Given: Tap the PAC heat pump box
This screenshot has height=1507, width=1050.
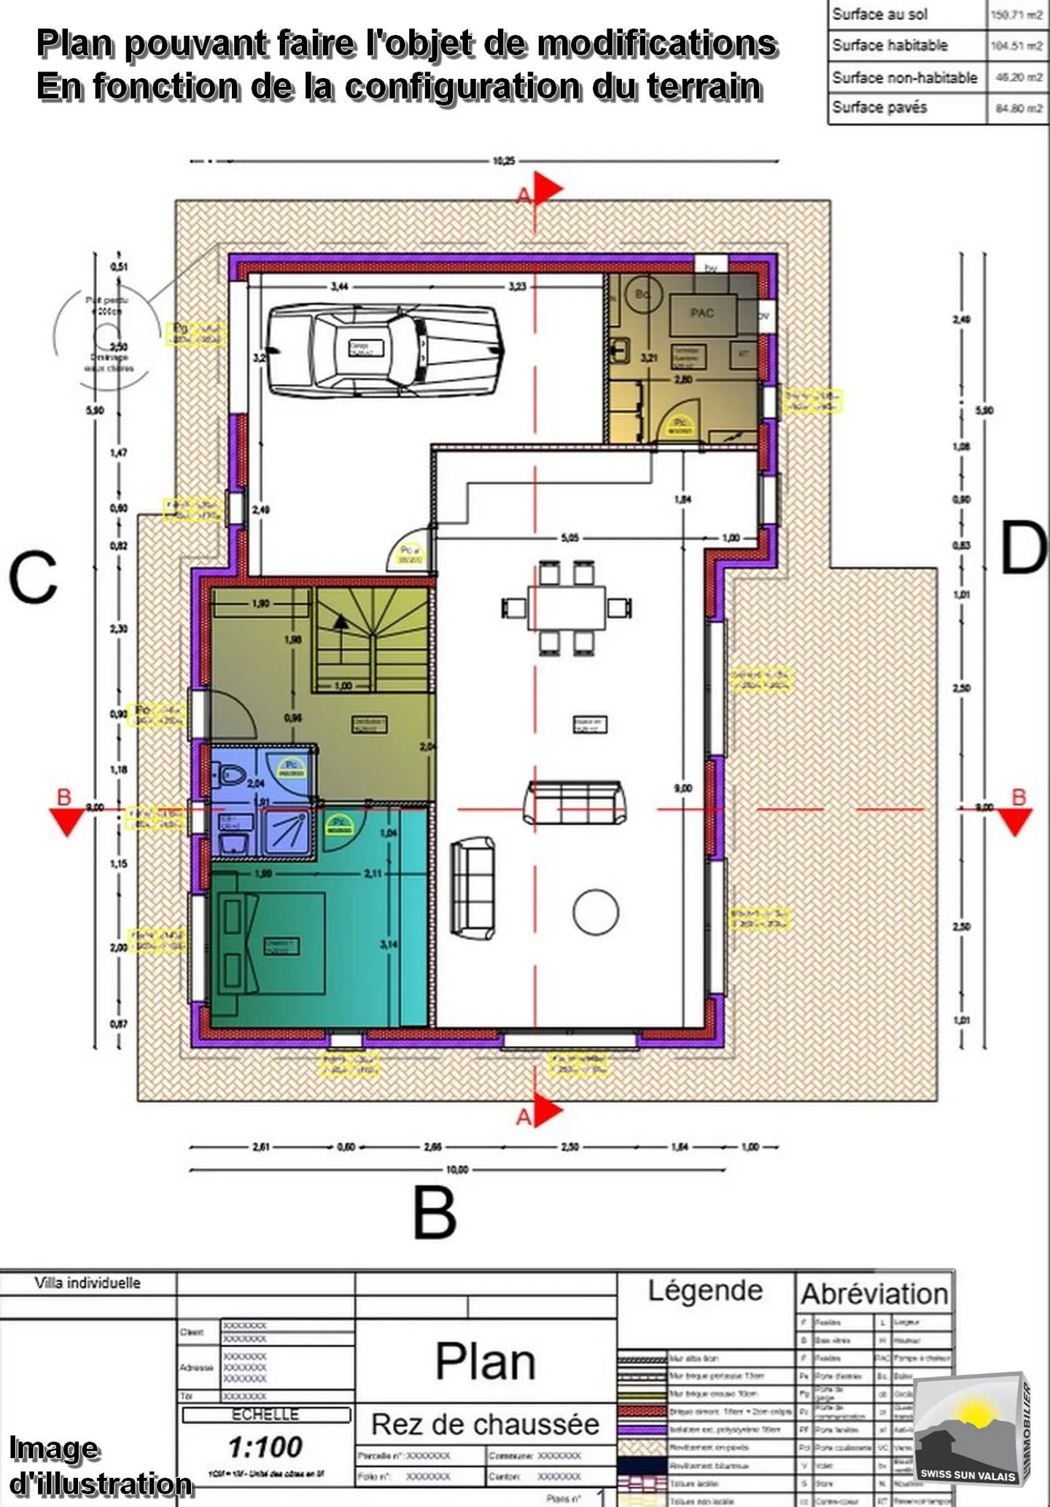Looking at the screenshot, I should pyautogui.click(x=702, y=313).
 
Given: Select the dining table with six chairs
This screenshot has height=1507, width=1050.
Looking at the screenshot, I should pyautogui.click(x=567, y=607).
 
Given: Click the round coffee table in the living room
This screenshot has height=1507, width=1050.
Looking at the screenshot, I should pyautogui.click(x=596, y=912).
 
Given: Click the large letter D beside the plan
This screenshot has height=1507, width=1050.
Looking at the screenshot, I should pyautogui.click(x=1024, y=549).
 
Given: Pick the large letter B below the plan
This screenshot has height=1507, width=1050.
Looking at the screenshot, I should pyautogui.click(x=435, y=1212).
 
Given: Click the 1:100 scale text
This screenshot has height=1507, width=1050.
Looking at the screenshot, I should pyautogui.click(x=265, y=1446).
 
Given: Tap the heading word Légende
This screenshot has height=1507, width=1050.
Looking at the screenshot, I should pyautogui.click(x=705, y=1290).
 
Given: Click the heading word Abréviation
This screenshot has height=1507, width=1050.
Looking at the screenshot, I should pyautogui.click(x=874, y=1294).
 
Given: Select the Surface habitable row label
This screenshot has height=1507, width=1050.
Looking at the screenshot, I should pyautogui.click(x=890, y=45).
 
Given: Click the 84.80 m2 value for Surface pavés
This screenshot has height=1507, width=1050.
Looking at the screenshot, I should pyautogui.click(x=1019, y=109).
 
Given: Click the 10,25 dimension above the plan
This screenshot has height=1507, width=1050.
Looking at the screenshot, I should pyautogui.click(x=504, y=161).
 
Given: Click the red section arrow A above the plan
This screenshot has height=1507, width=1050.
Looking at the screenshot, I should pyautogui.click(x=548, y=189).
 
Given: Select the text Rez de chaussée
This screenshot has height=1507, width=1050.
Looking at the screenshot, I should pyautogui.click(x=485, y=1424).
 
